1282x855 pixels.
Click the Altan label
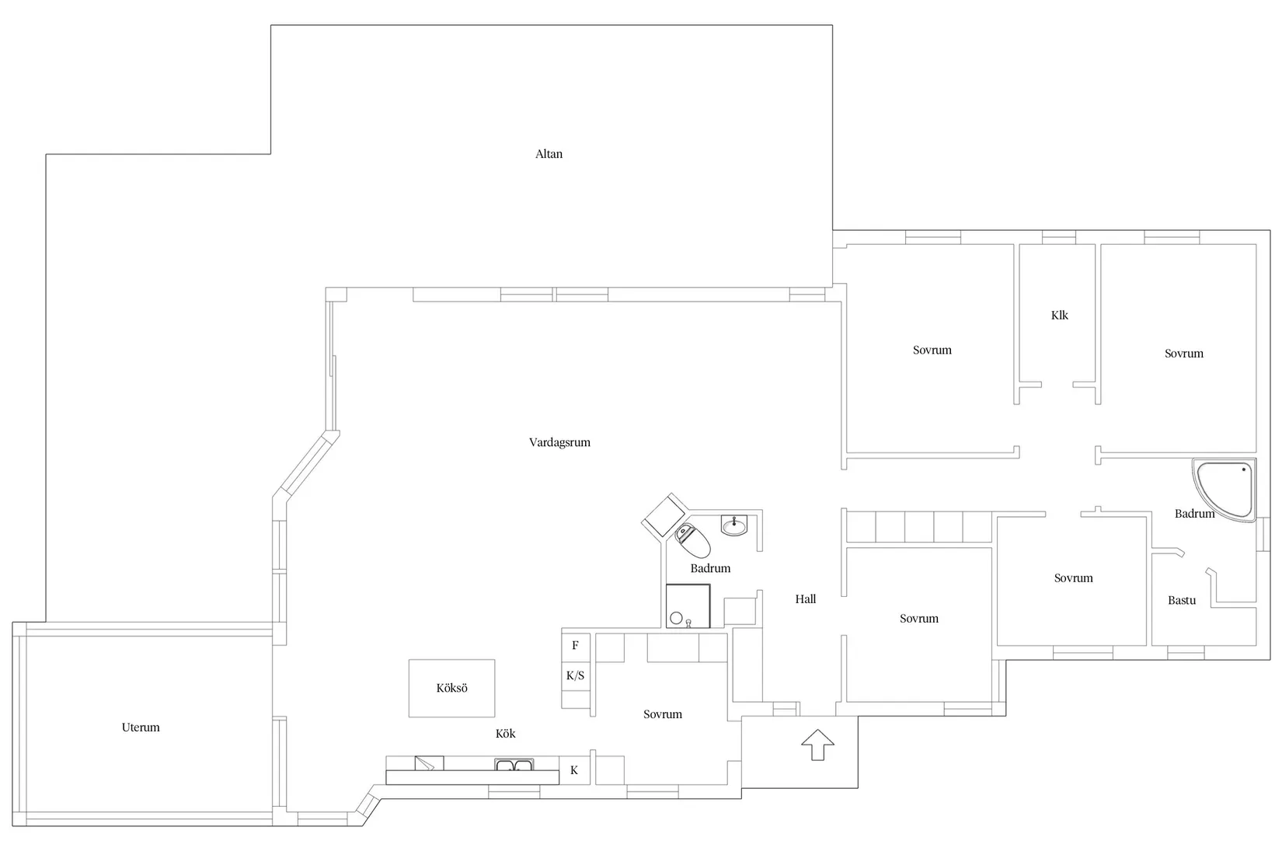pyautogui.click(x=549, y=153)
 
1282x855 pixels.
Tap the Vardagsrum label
pyautogui.click(x=559, y=443)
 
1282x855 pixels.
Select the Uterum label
pyautogui.click(x=140, y=728)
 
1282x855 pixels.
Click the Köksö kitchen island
pyautogui.click(x=451, y=689)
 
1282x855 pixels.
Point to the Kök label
pyautogui.click(x=505, y=734)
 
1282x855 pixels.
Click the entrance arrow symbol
pyautogui.click(x=817, y=745)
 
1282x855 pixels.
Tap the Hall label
pyautogui.click(x=805, y=599)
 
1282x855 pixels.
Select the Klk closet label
pyautogui.click(x=1059, y=315)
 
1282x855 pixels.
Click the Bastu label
pyautogui.click(x=1182, y=600)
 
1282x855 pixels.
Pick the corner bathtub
pyautogui.click(x=1225, y=490)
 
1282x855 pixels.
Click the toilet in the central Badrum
pyautogui.click(x=692, y=540)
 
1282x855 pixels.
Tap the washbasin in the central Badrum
pyautogui.click(x=734, y=525)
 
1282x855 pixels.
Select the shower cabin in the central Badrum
pyautogui.click(x=688, y=606)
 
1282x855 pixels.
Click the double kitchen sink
pyautogui.click(x=514, y=765)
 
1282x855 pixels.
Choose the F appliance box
pyautogui.click(x=575, y=645)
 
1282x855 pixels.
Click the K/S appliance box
pyautogui.click(x=575, y=675)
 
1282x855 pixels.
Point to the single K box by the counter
pyautogui.click(x=575, y=770)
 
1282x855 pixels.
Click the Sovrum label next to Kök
pyautogui.click(x=662, y=714)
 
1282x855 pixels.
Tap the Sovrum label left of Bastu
pyautogui.click(x=1073, y=578)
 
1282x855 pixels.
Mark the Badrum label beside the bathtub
pyautogui.click(x=1194, y=514)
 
